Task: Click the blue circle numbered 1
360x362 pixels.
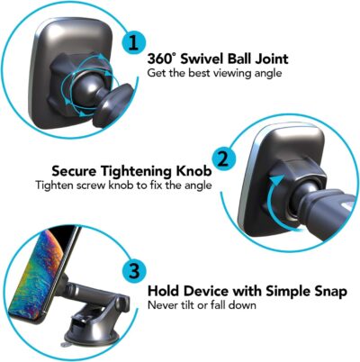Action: [133, 42]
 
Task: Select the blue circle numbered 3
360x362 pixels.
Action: [131, 271]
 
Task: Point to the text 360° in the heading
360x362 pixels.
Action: [163, 59]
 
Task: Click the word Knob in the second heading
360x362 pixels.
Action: [193, 170]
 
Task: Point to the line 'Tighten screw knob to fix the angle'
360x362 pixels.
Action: [123, 186]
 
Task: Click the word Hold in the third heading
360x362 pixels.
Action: [166, 292]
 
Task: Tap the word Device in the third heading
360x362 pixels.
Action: [212, 292]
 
